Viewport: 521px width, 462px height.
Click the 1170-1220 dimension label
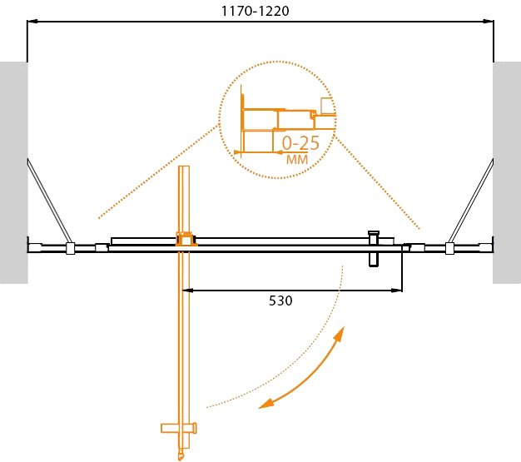(256, 12)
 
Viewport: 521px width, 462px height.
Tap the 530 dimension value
(280, 301)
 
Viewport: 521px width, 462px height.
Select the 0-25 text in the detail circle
(300, 143)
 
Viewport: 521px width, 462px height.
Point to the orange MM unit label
(297, 160)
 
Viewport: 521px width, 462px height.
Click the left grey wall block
(13, 172)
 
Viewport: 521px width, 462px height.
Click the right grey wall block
(507, 172)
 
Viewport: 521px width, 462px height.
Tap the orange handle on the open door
(179, 428)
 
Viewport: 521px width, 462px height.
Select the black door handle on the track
(374, 249)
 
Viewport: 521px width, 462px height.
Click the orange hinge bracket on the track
(186, 239)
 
